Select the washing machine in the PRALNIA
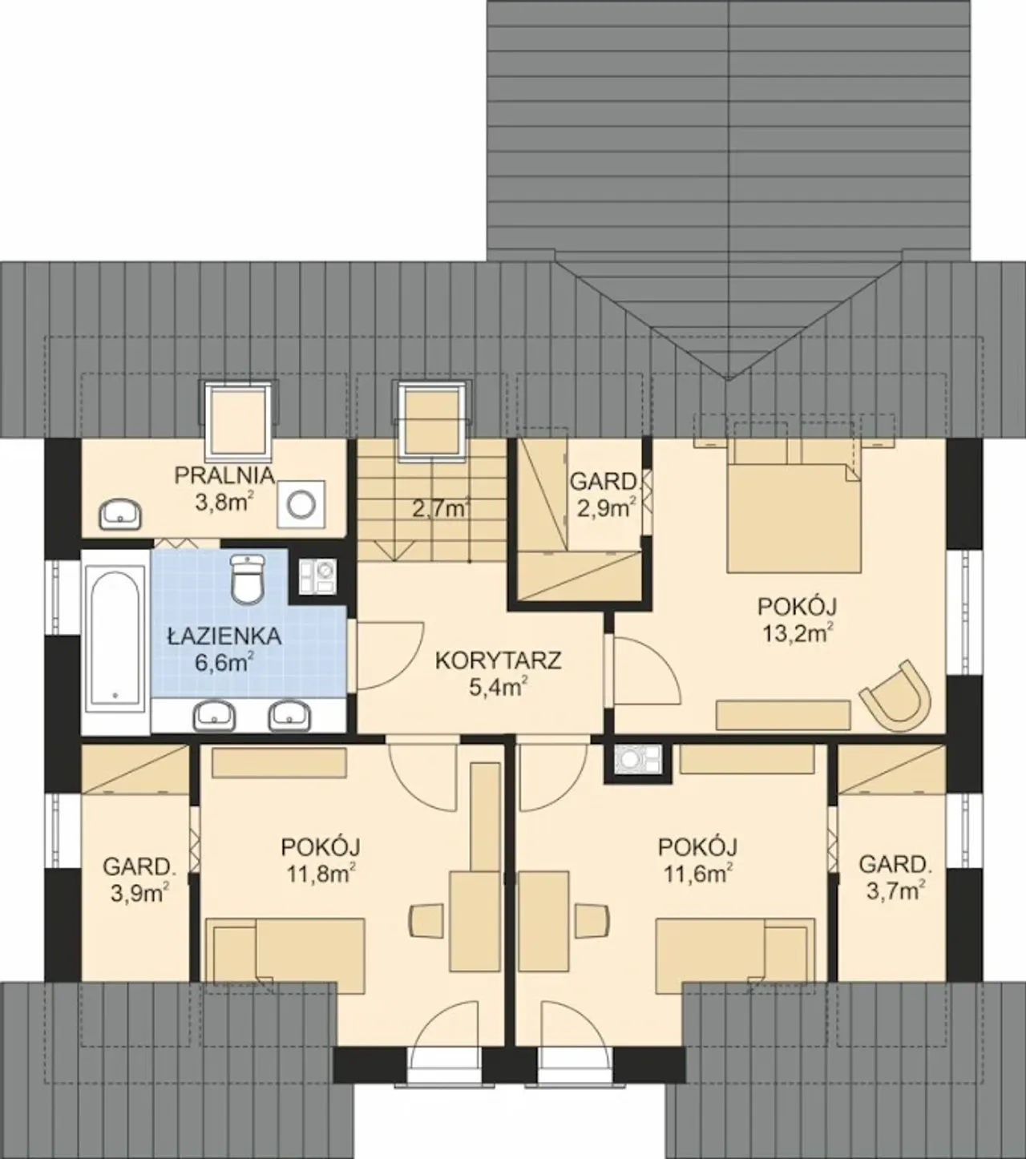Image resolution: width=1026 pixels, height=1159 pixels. tap(301, 504)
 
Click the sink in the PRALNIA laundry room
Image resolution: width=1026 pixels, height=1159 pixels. tap(120, 514)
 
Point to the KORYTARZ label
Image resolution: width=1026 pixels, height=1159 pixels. tap(498, 660)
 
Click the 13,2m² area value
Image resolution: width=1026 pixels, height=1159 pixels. tap(797, 632)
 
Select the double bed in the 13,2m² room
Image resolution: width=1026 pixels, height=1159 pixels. tap(794, 504)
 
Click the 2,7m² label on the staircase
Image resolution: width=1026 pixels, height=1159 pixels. tap(441, 508)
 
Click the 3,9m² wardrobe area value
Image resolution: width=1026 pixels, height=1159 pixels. tap(139, 893)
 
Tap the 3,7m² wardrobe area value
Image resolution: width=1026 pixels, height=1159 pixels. tap(896, 890)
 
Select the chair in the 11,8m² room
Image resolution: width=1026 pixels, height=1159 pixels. tap(426, 920)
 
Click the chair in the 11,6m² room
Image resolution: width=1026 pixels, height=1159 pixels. tap(592, 920)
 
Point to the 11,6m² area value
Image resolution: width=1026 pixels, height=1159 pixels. tap(698, 874)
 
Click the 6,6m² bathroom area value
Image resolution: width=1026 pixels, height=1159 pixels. tap(224, 662)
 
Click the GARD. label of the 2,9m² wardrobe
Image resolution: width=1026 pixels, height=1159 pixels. tap(603, 482)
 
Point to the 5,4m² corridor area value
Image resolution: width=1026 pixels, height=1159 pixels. tap(498, 688)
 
